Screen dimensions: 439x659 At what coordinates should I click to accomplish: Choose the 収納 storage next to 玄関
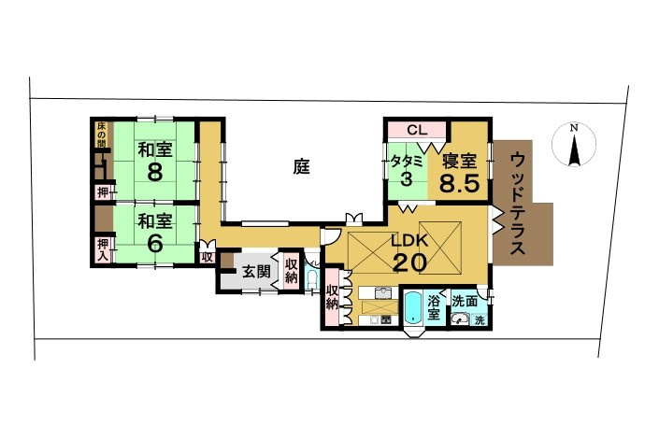292,270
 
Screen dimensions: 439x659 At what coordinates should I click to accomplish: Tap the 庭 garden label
301,167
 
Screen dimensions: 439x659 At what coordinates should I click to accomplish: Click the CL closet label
416,130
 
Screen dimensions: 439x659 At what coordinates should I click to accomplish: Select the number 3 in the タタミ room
406,179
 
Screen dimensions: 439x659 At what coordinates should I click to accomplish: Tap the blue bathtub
411,309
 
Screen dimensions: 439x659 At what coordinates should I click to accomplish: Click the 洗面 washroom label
465,301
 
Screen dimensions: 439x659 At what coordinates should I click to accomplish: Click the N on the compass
576,128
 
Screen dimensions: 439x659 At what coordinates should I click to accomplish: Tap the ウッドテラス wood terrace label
520,205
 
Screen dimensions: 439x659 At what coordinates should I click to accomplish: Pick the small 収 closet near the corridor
207,256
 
